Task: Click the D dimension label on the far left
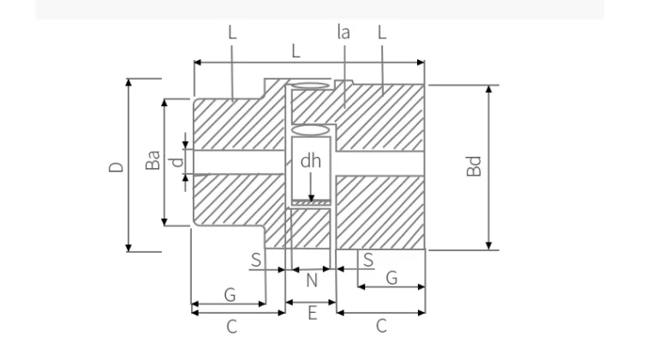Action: coord(116,166)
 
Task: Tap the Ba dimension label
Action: coord(152,160)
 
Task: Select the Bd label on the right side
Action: coord(474,166)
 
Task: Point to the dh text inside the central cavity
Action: coord(311,161)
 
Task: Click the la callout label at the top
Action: coord(343,32)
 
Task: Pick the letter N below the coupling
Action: coord(312,280)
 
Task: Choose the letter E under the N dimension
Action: coord(312,314)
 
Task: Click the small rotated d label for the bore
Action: coord(177,162)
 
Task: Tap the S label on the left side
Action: coord(256,260)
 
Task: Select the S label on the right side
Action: coord(368,260)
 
